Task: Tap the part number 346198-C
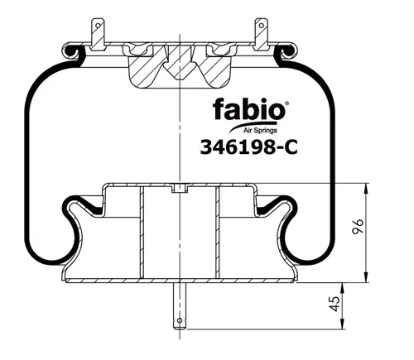point(249,146)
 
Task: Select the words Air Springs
point(260,130)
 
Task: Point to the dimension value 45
point(335,304)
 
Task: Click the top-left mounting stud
point(98,34)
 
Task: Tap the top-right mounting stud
point(261,34)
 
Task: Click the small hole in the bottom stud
point(180,320)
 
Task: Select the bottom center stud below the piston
point(180,306)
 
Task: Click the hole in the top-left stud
point(98,26)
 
